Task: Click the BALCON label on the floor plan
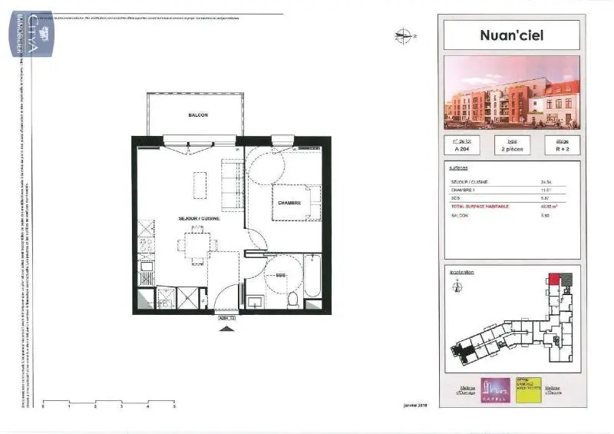tap(198, 115)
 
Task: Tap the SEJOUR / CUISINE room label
tap(200, 219)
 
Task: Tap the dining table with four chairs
tap(195, 246)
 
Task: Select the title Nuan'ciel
tap(511, 35)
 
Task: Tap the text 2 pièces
tap(511, 150)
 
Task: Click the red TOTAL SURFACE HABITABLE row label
tap(481, 205)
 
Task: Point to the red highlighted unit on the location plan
tap(554, 279)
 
